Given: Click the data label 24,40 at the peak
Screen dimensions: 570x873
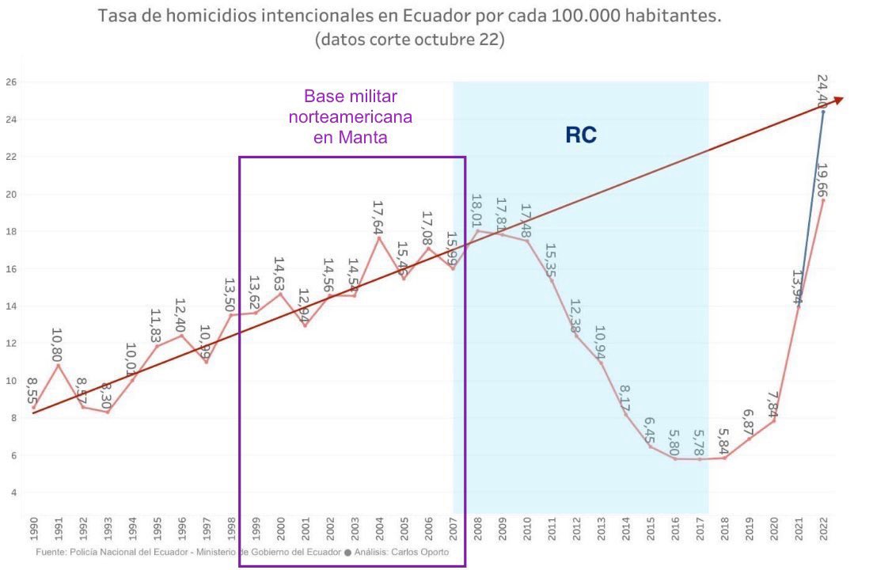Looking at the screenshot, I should point(822,90).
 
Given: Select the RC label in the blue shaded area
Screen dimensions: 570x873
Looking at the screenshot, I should point(580,135).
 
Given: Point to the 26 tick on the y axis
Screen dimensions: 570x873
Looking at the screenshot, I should point(11,82).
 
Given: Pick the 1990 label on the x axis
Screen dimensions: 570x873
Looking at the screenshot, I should point(32,528).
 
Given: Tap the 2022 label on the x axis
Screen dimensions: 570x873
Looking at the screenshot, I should point(823,528).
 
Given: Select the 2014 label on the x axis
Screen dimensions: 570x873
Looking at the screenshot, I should point(625,528).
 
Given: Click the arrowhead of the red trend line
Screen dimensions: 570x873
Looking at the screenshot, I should point(838,99).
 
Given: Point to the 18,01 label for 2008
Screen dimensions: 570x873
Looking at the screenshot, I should point(476,211).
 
